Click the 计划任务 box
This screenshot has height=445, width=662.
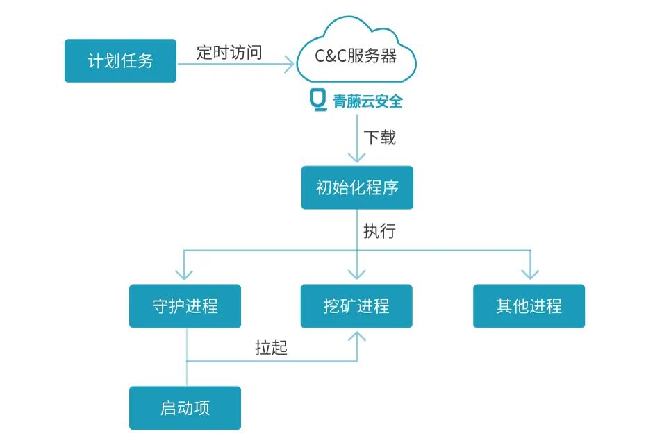pyautogui.click(x=120, y=61)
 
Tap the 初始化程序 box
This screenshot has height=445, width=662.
pyautogui.click(x=357, y=187)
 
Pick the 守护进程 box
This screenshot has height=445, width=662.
pyautogui.click(x=185, y=306)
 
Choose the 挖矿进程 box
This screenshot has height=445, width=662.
pyautogui.click(x=356, y=306)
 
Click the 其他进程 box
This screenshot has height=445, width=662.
pyautogui.click(x=529, y=306)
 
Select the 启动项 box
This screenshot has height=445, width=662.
pyautogui.click(x=185, y=408)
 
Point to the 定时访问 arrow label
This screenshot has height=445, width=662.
pyautogui.click(x=229, y=53)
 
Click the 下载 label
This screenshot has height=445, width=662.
pyautogui.click(x=379, y=137)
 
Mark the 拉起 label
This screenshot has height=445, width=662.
pyautogui.click(x=271, y=348)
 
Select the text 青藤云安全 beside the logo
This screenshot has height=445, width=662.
pyautogui.click(x=368, y=101)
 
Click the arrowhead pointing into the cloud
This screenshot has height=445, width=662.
pyautogui.click(x=290, y=65)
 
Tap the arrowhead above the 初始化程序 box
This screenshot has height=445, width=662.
pyautogui.click(x=357, y=158)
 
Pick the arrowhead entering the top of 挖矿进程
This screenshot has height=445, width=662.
pyautogui.click(x=357, y=276)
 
